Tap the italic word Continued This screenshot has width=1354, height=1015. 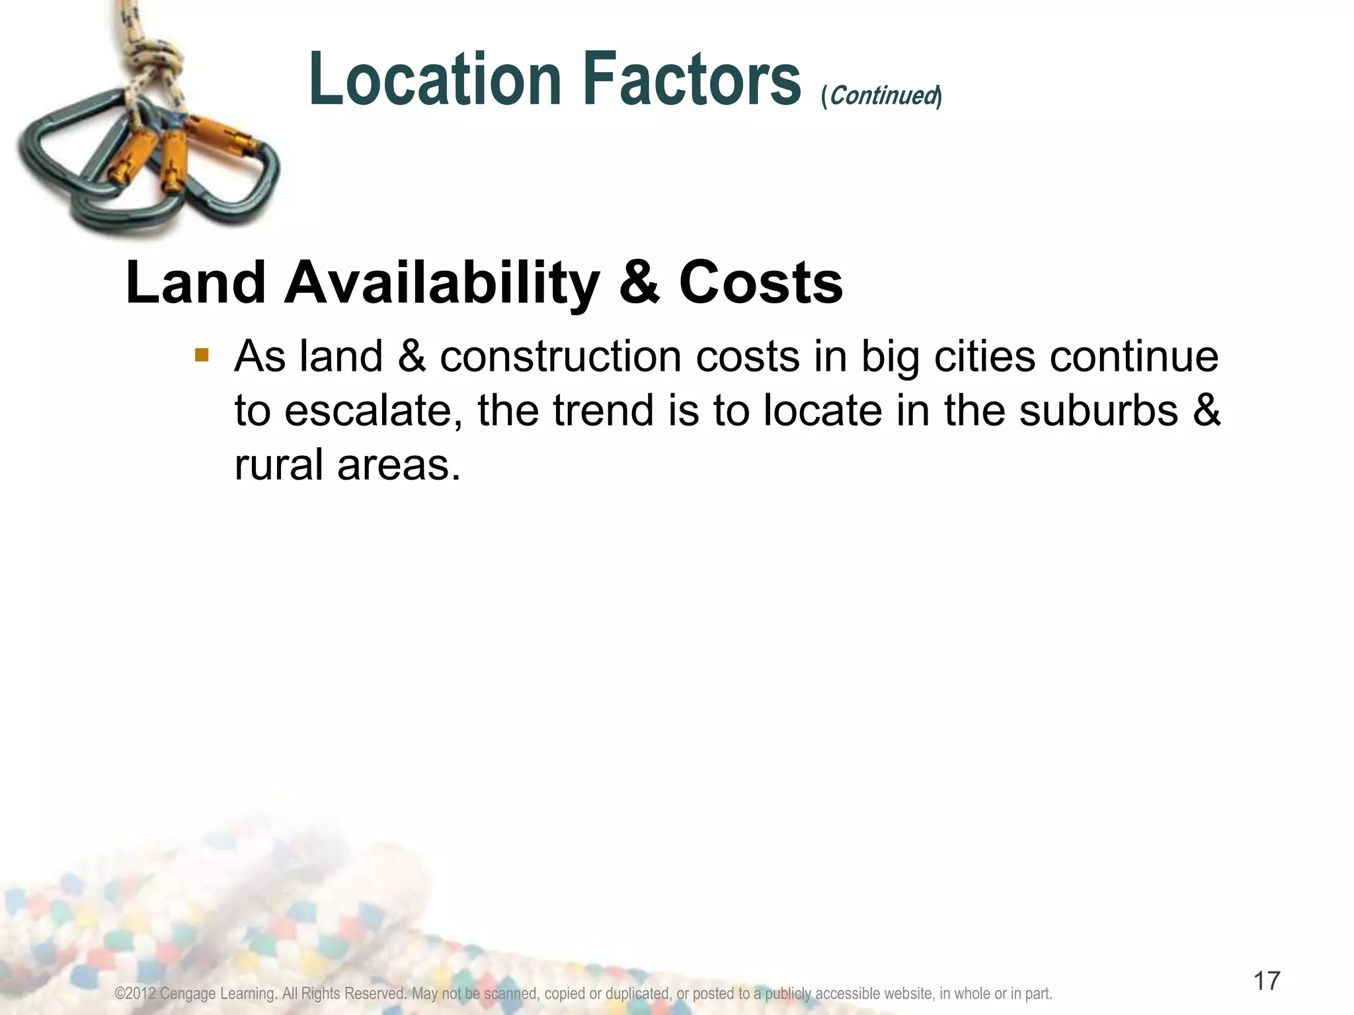pos(882,96)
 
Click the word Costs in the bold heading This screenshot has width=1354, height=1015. pos(761,283)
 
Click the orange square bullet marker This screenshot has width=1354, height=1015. pos(202,356)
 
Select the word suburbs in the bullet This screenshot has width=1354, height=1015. pos(1098,411)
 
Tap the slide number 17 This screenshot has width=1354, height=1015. pos(1267,981)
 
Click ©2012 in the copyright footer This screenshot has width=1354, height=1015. pos(135,994)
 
